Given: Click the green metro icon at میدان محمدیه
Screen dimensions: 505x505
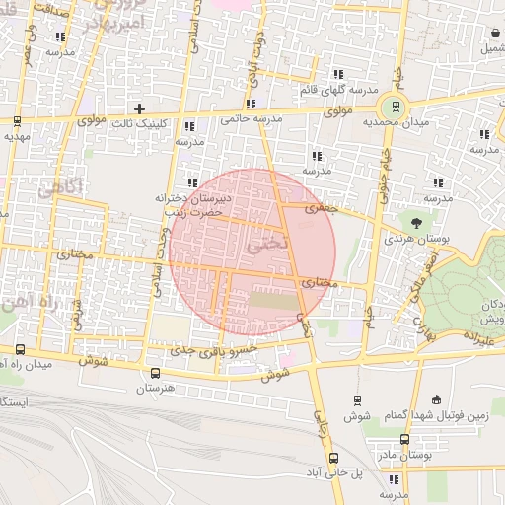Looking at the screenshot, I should [x=396, y=107].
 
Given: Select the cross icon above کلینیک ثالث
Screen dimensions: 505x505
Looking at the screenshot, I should [x=139, y=108].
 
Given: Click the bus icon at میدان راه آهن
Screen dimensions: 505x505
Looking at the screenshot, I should [x=21, y=348].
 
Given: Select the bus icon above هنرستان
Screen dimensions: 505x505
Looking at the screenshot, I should [x=154, y=373].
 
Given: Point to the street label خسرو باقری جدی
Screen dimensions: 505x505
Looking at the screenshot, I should [x=214, y=349].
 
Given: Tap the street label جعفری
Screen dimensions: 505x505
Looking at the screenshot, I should [x=321, y=209].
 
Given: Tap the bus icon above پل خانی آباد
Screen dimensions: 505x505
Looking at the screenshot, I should [x=333, y=457].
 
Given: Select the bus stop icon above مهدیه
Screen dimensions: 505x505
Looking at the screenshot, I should [x=18, y=121].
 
